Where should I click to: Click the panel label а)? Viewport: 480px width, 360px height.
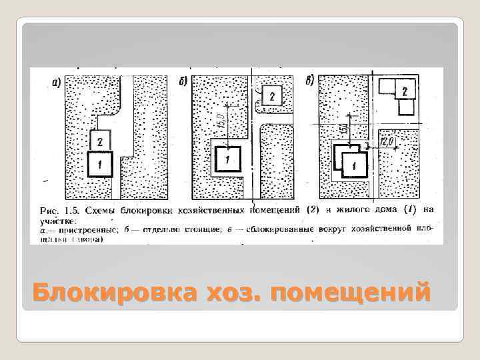tap(56, 83)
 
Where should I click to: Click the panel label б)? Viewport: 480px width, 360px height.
tap(183, 82)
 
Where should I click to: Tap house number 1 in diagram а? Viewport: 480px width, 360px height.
tap(99, 163)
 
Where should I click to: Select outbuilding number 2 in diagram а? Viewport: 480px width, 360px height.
tap(99, 141)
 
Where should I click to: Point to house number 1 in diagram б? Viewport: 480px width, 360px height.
tap(227, 159)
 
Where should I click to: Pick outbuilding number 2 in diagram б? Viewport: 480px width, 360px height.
tap(272, 96)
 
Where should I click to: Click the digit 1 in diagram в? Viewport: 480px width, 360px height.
tap(353, 164)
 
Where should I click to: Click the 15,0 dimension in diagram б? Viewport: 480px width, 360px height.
tap(221, 123)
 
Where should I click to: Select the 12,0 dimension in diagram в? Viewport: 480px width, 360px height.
tap(388, 143)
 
